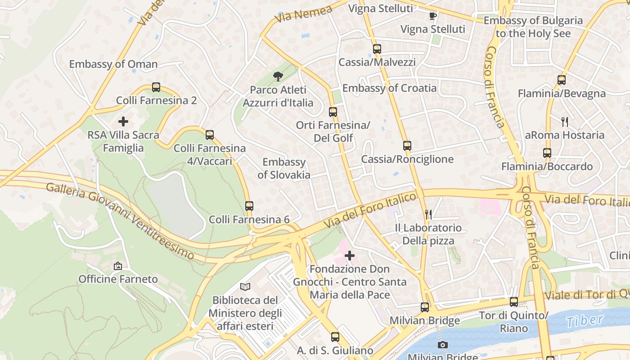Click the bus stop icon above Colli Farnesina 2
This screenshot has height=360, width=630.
pos(156,87)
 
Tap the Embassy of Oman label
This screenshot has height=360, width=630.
pos(113,64)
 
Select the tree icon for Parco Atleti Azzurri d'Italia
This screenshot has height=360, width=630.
pos(278,76)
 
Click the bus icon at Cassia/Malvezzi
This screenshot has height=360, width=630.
pos(377,49)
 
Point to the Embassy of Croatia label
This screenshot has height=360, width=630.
pos(389,88)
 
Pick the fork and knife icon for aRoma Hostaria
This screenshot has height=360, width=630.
pos(565,121)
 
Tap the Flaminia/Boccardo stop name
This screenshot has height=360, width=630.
pos(547,166)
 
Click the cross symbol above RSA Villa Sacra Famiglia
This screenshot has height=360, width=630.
pos(123,121)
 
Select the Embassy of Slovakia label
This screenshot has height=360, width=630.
pos(284,168)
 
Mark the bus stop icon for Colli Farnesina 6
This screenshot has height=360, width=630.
pos(249,206)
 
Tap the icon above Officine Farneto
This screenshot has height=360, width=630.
pos(118,266)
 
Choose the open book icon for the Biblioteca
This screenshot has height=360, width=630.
pos(245,287)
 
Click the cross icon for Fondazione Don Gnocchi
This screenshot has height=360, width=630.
pos(349,256)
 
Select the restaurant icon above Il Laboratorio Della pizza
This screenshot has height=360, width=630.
pos(428,214)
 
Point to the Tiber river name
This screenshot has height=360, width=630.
pos(585,320)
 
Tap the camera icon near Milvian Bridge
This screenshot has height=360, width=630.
pos(443,345)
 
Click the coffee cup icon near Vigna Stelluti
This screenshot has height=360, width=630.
pos(433,16)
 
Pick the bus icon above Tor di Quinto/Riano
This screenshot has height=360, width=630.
pos(514,302)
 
